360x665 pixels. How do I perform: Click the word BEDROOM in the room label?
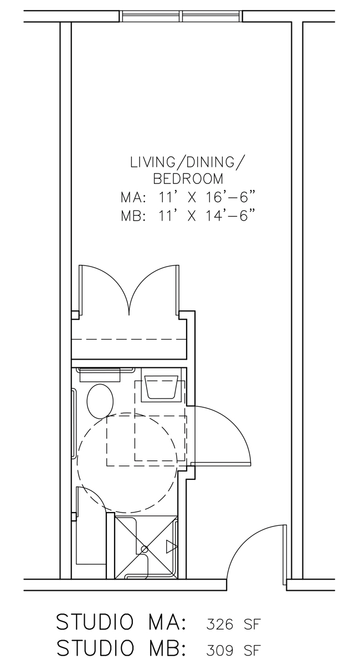tap(188, 179)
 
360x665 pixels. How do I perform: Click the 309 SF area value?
tap(233, 649)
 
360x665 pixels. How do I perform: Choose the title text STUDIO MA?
tap(122, 622)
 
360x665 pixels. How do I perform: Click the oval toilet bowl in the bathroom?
tap(100, 401)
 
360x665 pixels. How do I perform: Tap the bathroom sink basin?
tap(161, 387)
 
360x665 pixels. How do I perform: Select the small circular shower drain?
tap(145, 549)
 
